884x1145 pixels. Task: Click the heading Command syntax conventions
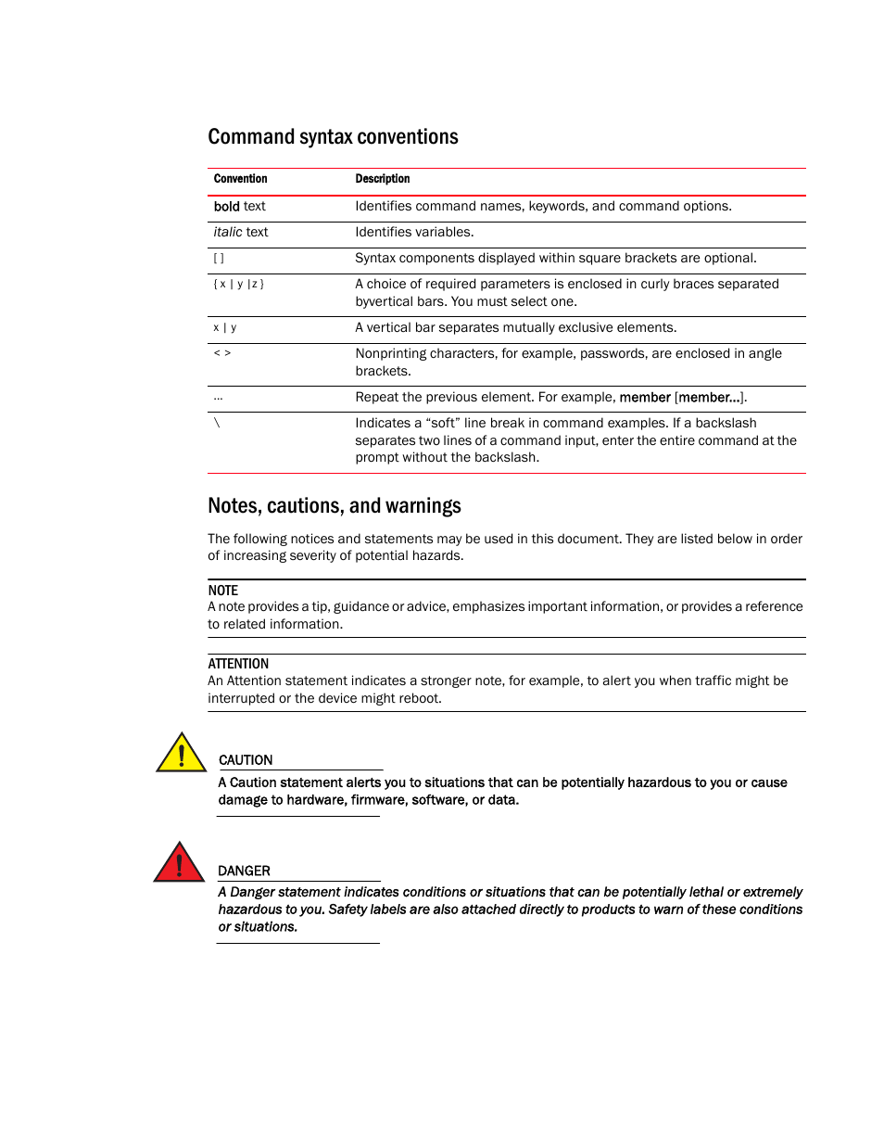(333, 137)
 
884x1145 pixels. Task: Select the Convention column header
(240, 179)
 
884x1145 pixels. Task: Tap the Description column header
(382, 179)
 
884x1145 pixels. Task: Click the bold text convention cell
(239, 207)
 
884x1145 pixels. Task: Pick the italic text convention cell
(240, 233)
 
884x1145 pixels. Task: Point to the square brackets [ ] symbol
(219, 259)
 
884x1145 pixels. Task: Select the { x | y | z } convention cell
(238, 285)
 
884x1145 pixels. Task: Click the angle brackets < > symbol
(221, 353)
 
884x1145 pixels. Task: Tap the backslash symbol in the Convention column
(217, 423)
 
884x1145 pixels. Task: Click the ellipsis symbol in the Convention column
(218, 398)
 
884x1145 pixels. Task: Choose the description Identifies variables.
(414, 233)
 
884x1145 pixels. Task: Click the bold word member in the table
(644, 398)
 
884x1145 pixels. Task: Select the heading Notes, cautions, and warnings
(334, 506)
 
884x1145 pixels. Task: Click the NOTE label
(222, 591)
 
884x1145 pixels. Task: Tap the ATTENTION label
(238, 664)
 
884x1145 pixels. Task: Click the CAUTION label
(246, 760)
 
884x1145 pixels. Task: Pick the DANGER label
(244, 871)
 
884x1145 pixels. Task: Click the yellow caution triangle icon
(181, 754)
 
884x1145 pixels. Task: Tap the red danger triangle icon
(179, 864)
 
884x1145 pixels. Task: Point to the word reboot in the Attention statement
(420, 699)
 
